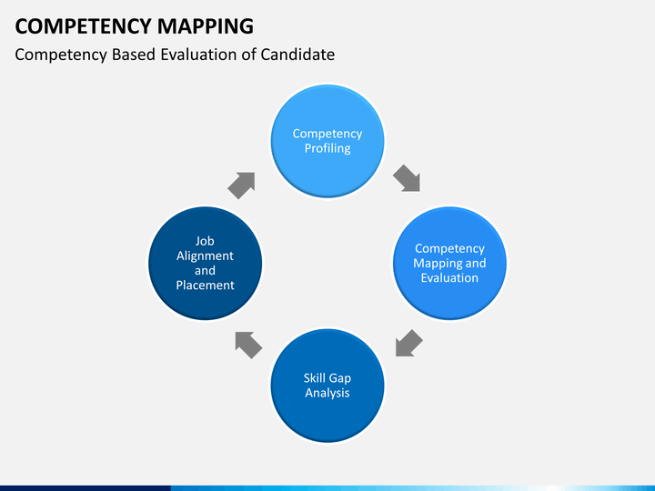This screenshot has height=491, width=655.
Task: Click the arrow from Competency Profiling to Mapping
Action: [x=406, y=178]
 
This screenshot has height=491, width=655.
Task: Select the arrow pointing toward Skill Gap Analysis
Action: [x=409, y=343]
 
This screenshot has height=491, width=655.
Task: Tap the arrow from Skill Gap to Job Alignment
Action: [x=248, y=344]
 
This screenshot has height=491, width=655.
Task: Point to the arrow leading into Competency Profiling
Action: [x=241, y=185]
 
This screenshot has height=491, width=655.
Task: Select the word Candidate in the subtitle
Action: [x=297, y=55]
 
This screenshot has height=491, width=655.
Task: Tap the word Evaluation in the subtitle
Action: [x=196, y=55]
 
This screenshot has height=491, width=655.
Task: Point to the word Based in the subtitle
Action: [x=135, y=55]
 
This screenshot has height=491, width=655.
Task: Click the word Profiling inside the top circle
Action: [x=327, y=148]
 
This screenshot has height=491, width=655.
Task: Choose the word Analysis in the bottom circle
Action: [x=327, y=393]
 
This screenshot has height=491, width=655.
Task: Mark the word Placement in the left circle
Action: [x=205, y=285]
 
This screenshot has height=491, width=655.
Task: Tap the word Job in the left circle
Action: [x=205, y=241]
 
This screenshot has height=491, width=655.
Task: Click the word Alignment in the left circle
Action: [x=205, y=256]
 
